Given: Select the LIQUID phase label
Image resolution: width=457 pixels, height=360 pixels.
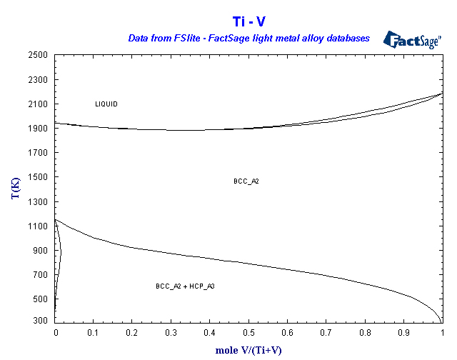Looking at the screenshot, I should (x=106, y=104).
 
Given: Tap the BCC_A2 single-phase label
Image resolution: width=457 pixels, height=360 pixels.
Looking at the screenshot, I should (x=246, y=181).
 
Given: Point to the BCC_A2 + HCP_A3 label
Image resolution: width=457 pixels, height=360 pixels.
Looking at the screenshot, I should (x=185, y=286).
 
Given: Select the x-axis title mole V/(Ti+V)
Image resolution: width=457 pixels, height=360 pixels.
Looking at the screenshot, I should (x=249, y=350).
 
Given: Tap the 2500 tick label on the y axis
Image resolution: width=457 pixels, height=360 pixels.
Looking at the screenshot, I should (x=39, y=55).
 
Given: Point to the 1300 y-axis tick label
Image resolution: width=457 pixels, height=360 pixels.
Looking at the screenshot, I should (x=39, y=202).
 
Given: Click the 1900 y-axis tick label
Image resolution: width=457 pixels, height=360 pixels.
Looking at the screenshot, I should (x=39, y=129).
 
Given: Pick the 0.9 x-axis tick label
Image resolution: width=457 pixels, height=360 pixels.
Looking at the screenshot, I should (x=403, y=333).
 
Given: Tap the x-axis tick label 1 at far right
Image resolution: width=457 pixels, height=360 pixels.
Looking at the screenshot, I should (x=442, y=333).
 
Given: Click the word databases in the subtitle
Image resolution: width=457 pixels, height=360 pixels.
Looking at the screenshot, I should (x=346, y=38).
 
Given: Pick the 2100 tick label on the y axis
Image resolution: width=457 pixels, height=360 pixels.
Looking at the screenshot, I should (x=39, y=104).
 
